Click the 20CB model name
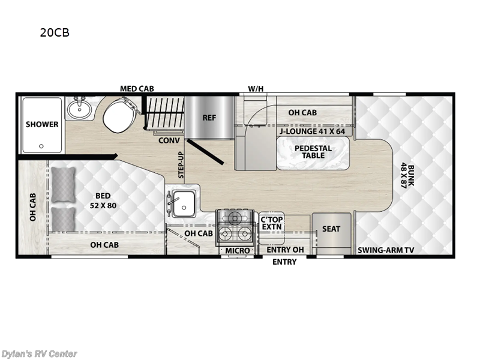coord(55,33)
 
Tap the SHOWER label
coord(42,124)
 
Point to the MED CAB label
coord(136,89)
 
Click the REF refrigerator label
coord(209,118)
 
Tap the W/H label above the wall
coord(256,89)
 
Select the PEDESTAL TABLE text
coord(310,151)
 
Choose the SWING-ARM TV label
coord(386,250)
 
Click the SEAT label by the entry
coord(331,229)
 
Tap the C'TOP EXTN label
coord(272,224)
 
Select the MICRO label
coord(237,250)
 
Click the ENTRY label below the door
coord(284,262)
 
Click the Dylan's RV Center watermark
coord(39,353)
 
